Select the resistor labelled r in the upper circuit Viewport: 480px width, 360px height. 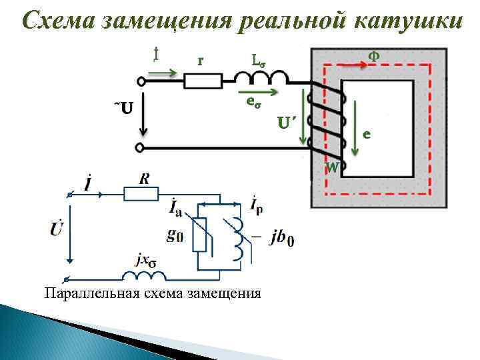pos(203,81)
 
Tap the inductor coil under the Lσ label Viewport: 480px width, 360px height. pos(268,79)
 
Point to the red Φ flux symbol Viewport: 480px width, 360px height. pos(375,57)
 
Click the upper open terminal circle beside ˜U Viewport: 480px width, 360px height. pos(141,82)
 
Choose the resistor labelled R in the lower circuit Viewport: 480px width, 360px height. pos(141,193)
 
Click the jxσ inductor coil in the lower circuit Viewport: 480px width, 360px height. pos(143,276)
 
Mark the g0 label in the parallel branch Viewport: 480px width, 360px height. pos(175,235)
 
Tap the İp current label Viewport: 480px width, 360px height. pos(256,205)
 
